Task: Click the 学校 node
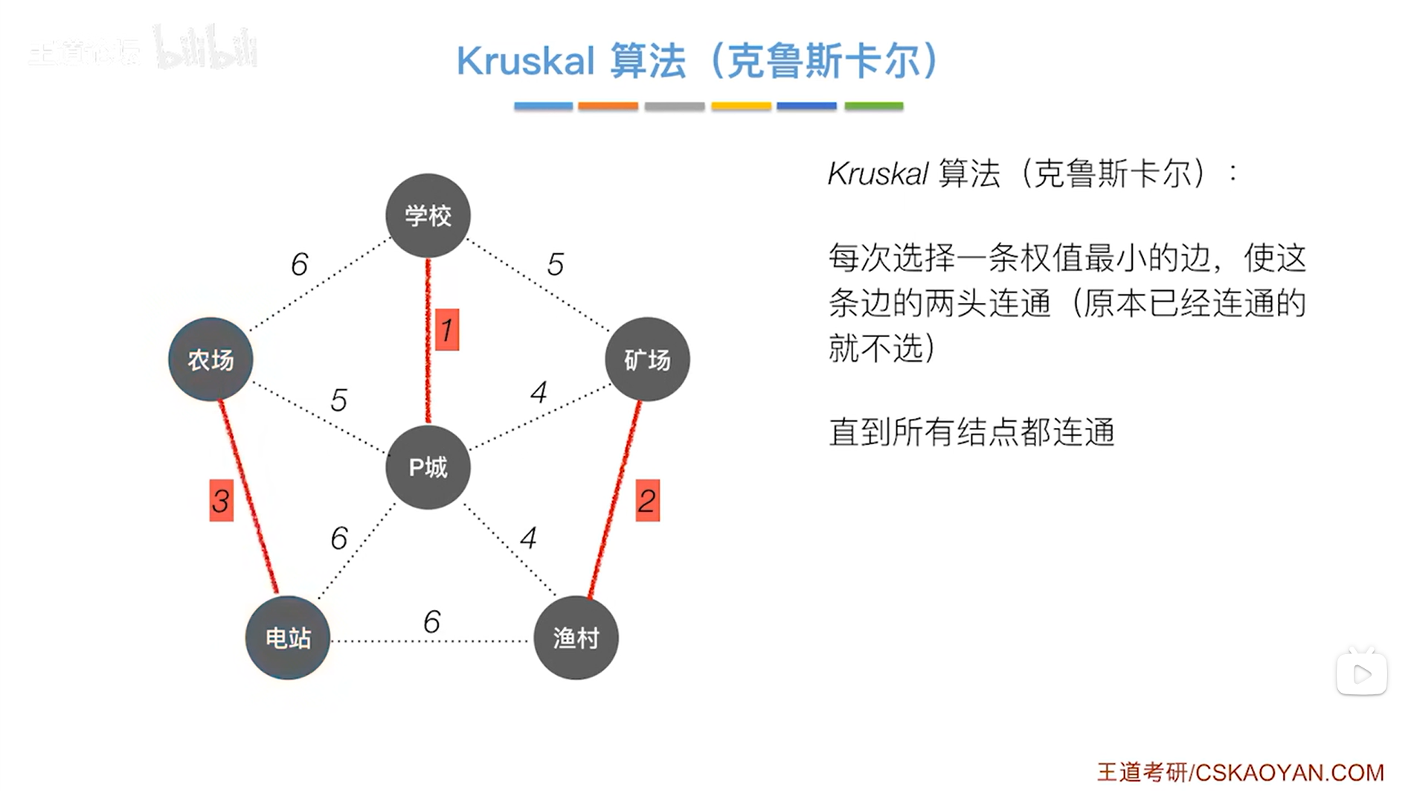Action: pyautogui.click(x=428, y=216)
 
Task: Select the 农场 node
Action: pyautogui.click(x=211, y=360)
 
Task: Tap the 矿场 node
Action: pyautogui.click(x=647, y=360)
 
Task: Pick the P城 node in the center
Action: pyautogui.click(x=428, y=467)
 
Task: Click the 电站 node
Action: pyautogui.click(x=288, y=638)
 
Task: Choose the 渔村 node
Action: pyautogui.click(x=576, y=638)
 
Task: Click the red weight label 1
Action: pyautogui.click(x=446, y=330)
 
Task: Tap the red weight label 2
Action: pyautogui.click(x=647, y=501)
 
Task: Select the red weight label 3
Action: pyautogui.click(x=221, y=501)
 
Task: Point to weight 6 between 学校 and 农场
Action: pyautogui.click(x=299, y=264)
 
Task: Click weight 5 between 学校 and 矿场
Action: pyautogui.click(x=555, y=264)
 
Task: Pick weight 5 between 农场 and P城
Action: pyautogui.click(x=338, y=400)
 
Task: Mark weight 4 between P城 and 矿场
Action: pyautogui.click(x=539, y=392)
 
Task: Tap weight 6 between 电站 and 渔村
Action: pyautogui.click(x=431, y=621)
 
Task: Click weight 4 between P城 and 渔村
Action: pyautogui.click(x=528, y=537)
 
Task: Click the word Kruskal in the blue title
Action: pyautogui.click(x=525, y=61)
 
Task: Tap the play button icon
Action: pyautogui.click(x=1361, y=674)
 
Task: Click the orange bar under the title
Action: pyautogui.click(x=608, y=106)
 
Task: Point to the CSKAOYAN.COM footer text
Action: pyautogui.click(x=1289, y=772)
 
